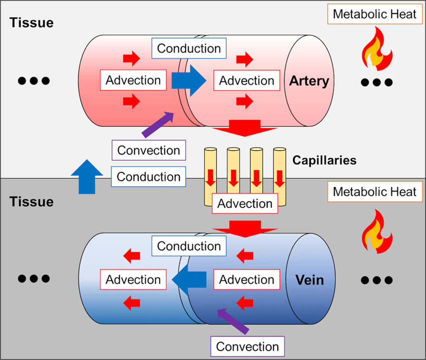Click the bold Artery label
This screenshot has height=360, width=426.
(x=308, y=81)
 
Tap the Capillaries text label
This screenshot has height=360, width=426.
(x=324, y=161)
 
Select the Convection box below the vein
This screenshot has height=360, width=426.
(x=247, y=346)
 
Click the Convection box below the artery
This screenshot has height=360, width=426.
(x=149, y=150)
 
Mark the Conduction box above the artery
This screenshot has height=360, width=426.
(x=189, y=49)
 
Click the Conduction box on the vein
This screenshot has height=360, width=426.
(x=189, y=246)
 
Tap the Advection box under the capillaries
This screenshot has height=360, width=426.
(x=245, y=203)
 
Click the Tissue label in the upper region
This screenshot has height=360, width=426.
(x=31, y=23)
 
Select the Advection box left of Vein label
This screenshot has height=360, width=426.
(x=247, y=279)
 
